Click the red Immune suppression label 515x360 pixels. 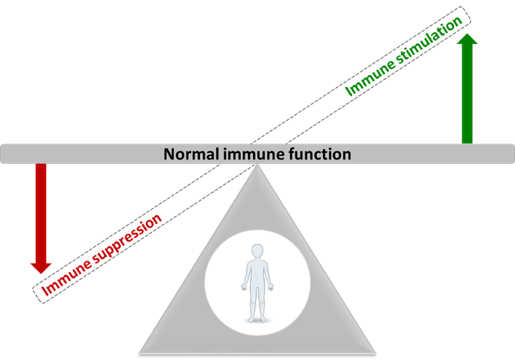[x=101, y=254]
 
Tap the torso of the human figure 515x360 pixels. [x=256, y=276]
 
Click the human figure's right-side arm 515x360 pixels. [x=269, y=278]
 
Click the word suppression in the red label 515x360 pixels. [x=125, y=241]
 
